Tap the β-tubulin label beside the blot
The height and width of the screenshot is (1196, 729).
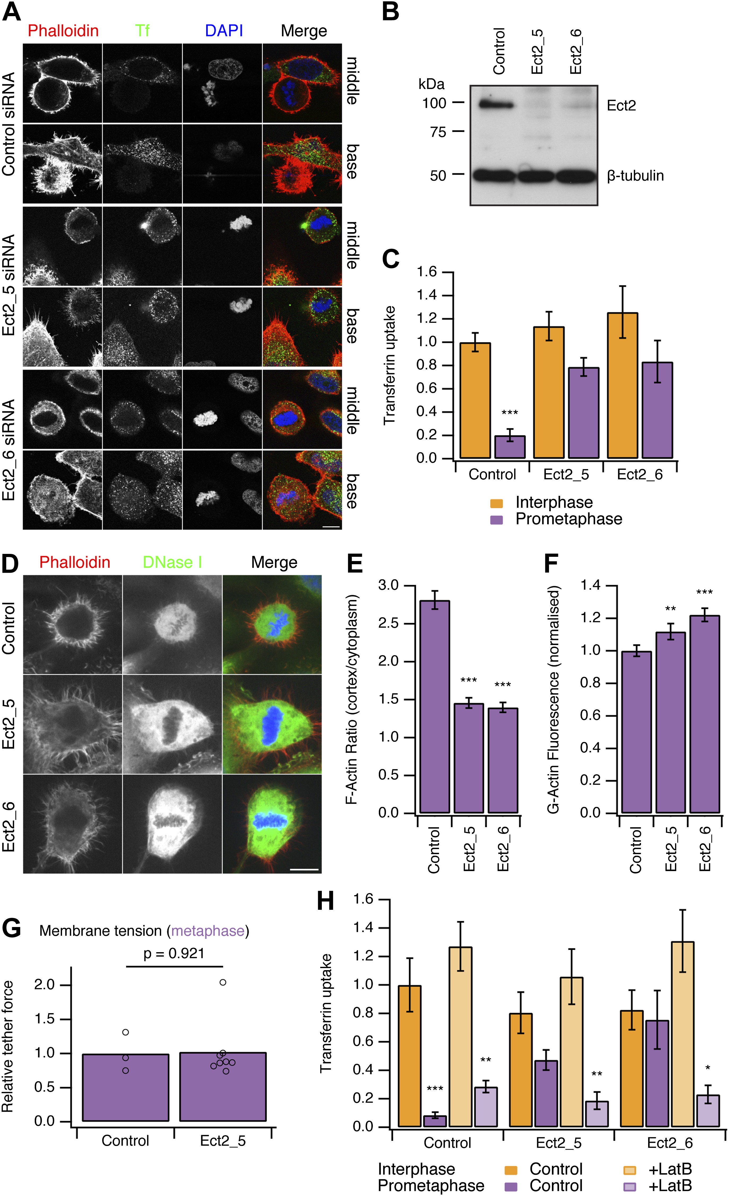click(x=635, y=176)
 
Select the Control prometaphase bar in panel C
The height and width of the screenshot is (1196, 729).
click(x=510, y=447)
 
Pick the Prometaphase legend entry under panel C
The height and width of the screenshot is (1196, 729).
click(x=568, y=519)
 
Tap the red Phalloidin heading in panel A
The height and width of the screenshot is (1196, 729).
click(x=63, y=31)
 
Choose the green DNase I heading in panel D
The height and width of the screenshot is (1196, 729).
click(x=172, y=562)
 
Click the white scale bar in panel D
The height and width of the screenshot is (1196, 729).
click(x=304, y=869)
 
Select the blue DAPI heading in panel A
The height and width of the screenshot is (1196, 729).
click(x=224, y=31)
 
